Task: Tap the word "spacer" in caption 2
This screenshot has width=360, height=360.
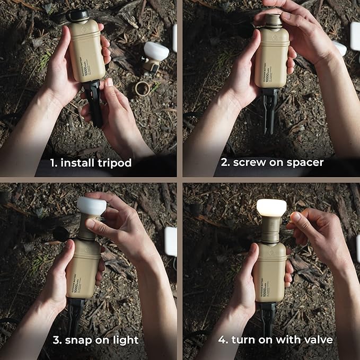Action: pyautogui.click(x=302, y=163)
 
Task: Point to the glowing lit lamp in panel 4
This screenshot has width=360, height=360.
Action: pyautogui.click(x=271, y=208)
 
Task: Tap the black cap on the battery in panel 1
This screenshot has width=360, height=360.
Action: pyautogui.click(x=78, y=14)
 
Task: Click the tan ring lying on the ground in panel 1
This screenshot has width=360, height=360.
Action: pyautogui.click(x=142, y=88)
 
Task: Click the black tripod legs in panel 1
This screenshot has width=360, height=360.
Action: pyautogui.click(x=94, y=103)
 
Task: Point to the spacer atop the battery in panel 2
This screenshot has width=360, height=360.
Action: pyautogui.click(x=273, y=21)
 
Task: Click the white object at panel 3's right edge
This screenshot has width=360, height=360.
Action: pyautogui.click(x=171, y=241)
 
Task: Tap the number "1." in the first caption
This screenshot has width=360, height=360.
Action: pyautogui.click(x=55, y=163)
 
